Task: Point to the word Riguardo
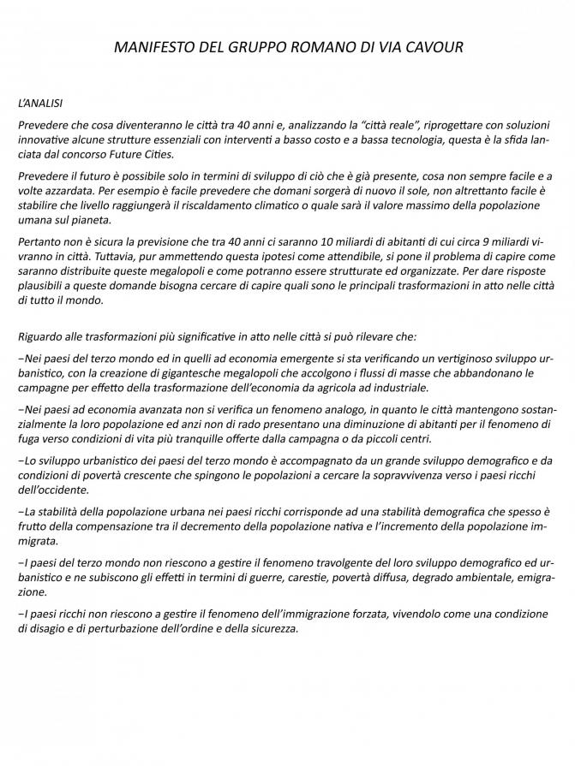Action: [42, 338]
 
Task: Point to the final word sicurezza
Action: [270, 628]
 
